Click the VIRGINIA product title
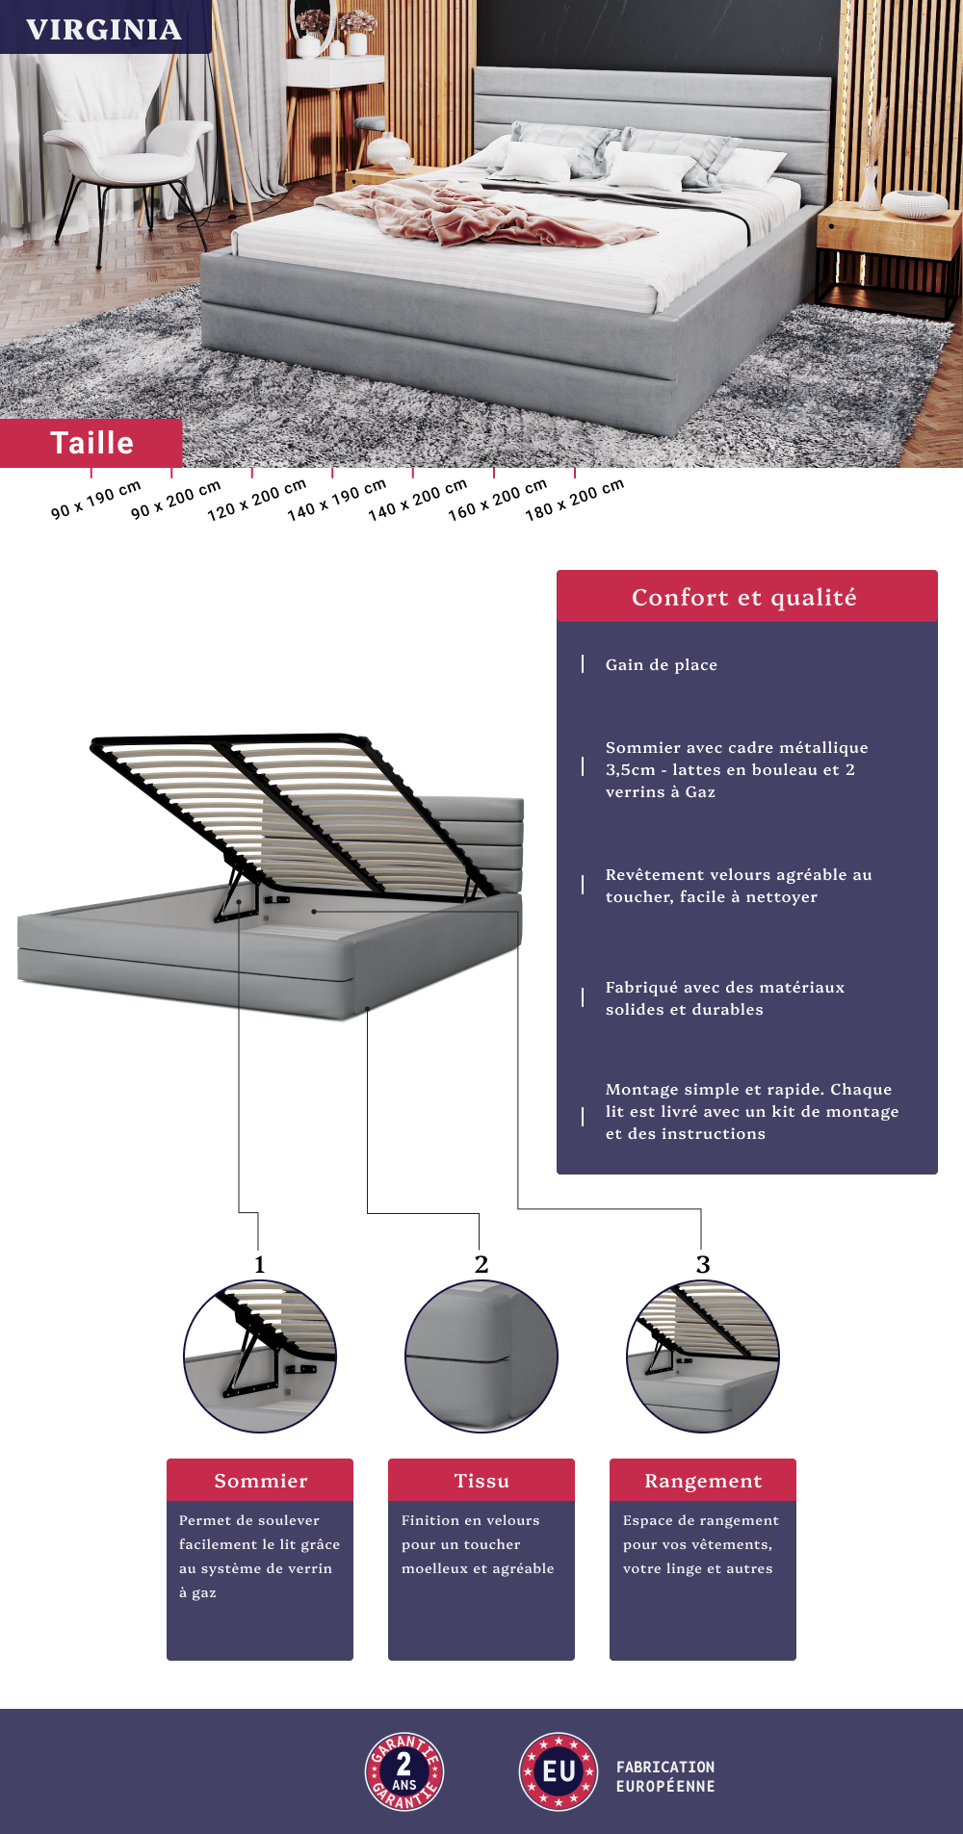104,30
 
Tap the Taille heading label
91,443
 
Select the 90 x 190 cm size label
96,500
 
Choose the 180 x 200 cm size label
575,500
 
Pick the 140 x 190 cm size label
337,500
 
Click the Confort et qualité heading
744,598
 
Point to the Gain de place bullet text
662,664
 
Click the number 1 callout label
259,1264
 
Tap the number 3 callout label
703,1264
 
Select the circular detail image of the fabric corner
481,1356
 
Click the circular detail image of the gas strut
260,1356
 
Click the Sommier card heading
261,1481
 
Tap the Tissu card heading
481,1481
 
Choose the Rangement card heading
703,1481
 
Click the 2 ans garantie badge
404,1771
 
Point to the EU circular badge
559,1771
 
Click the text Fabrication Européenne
665,1776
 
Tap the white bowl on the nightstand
915,204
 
